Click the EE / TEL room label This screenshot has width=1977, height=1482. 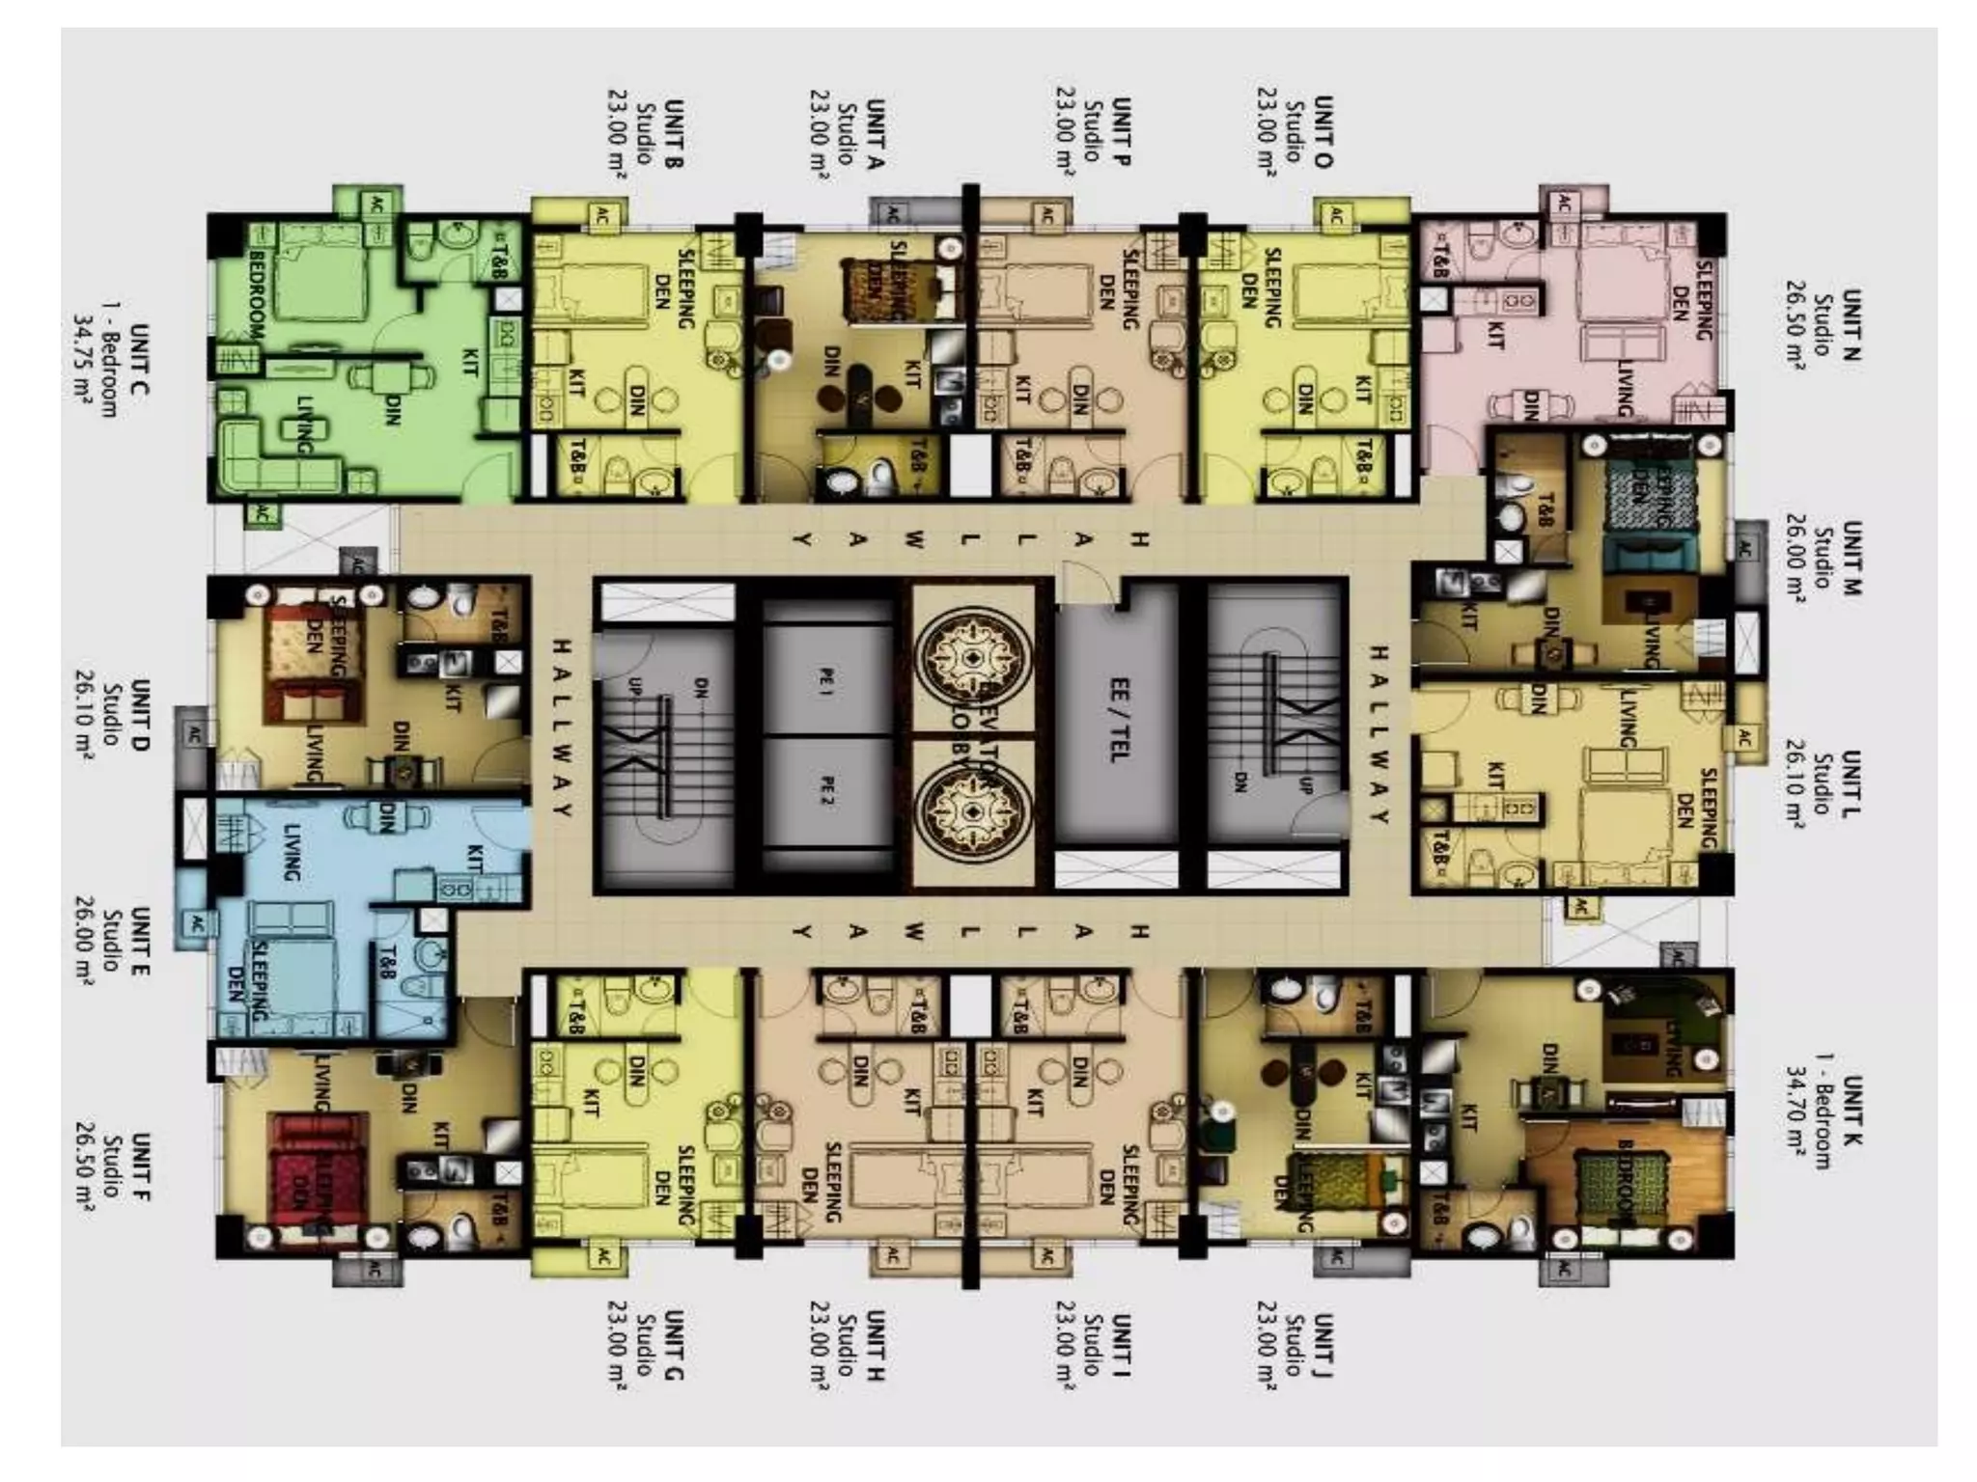(x=1119, y=719)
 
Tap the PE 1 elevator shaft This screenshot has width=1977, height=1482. (x=826, y=681)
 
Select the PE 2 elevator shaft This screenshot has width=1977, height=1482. (x=826, y=793)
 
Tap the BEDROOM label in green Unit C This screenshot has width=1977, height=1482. (x=257, y=294)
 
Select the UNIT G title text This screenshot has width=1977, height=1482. (x=674, y=1345)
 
